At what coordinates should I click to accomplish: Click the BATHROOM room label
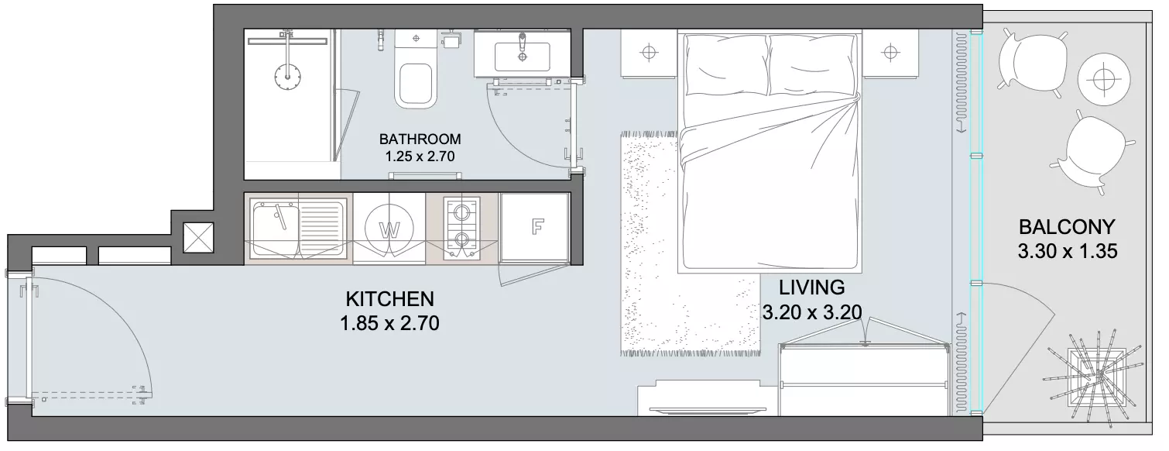click(x=420, y=139)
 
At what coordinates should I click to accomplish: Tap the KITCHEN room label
click(x=389, y=299)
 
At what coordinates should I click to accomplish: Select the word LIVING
click(x=811, y=287)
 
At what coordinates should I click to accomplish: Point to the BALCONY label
click(x=1067, y=227)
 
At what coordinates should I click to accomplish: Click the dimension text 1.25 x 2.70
click(x=420, y=157)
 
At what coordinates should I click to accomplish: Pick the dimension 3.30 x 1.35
click(x=1068, y=251)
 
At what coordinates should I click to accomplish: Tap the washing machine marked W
click(x=389, y=229)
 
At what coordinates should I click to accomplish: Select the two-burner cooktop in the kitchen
click(x=461, y=228)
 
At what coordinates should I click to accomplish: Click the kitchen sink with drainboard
click(x=298, y=228)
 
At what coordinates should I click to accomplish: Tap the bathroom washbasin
click(x=522, y=53)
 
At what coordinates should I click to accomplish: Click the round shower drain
click(x=287, y=76)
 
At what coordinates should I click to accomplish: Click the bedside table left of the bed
click(x=649, y=53)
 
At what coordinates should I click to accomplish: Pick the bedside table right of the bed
click(x=890, y=53)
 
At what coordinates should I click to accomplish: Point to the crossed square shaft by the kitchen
click(x=198, y=238)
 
